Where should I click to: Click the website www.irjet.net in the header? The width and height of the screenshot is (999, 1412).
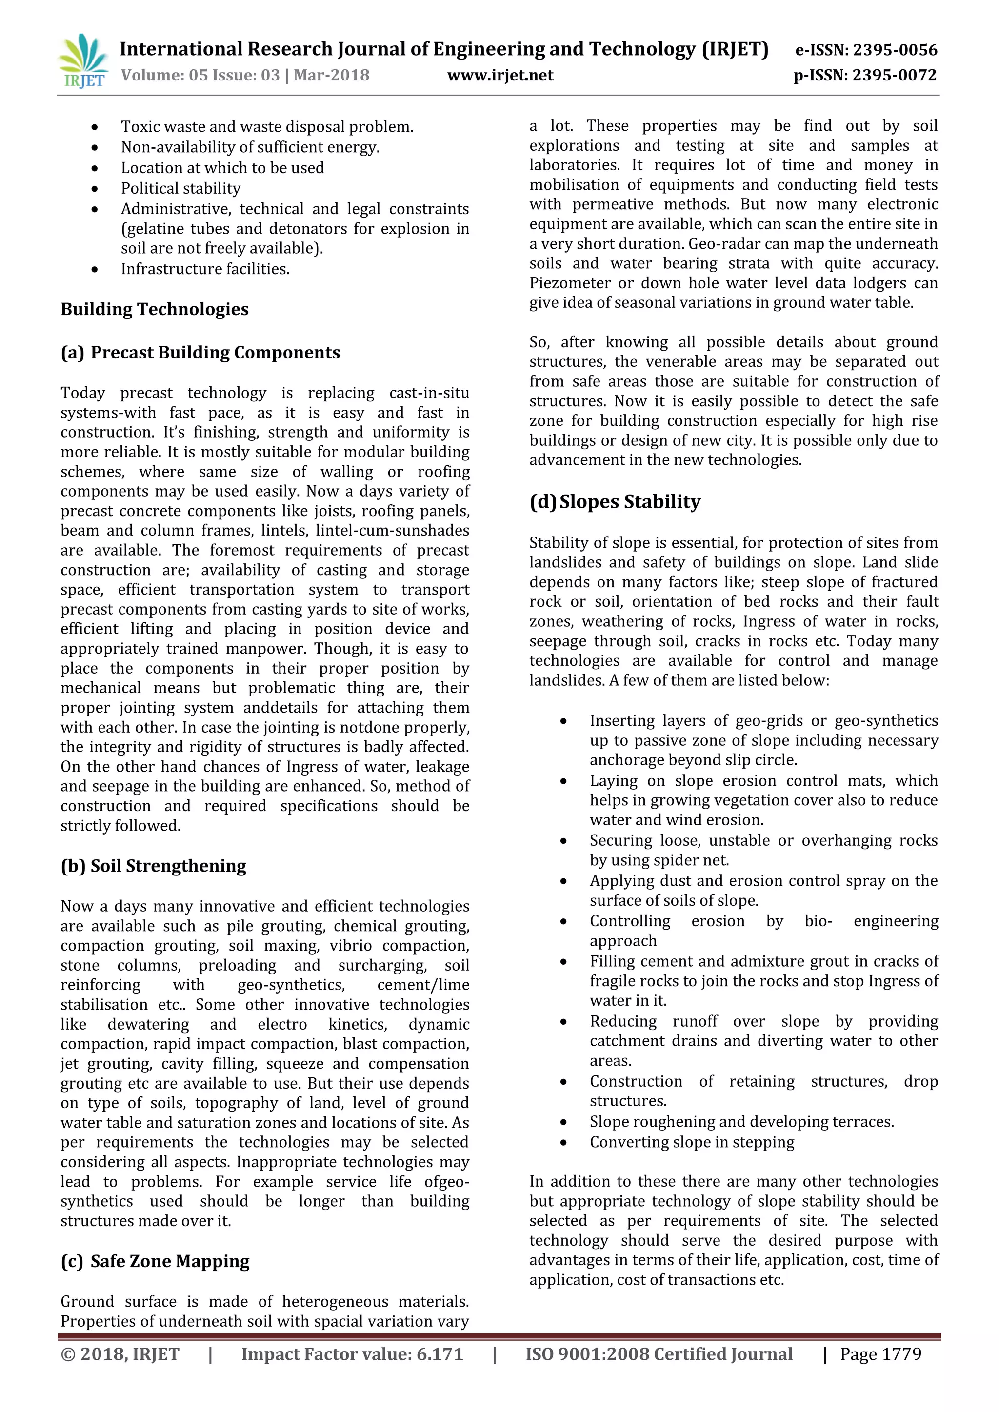click(499, 75)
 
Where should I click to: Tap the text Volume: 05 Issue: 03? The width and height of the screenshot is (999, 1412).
click(200, 75)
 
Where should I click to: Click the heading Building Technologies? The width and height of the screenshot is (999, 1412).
click(155, 309)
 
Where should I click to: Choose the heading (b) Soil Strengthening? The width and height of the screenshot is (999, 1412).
click(153, 866)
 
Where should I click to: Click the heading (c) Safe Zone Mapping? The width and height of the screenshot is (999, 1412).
click(155, 1261)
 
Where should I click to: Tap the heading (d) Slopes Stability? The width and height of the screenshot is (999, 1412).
click(615, 502)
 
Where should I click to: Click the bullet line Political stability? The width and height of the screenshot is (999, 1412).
click(180, 188)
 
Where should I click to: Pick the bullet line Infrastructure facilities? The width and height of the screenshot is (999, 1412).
click(205, 269)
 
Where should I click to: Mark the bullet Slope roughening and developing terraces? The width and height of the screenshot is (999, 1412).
click(741, 1121)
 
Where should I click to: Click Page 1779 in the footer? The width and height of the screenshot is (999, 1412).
click(880, 1354)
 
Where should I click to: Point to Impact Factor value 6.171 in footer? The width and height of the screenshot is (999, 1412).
click(352, 1354)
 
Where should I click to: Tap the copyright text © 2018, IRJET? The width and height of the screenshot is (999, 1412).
click(120, 1354)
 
